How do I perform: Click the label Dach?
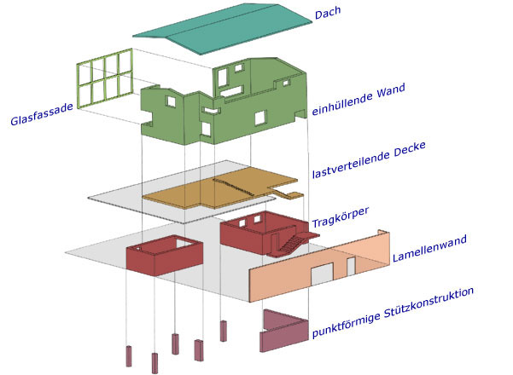328,13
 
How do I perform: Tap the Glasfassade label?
42,114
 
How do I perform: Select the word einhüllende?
342,104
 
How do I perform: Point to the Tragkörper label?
341,217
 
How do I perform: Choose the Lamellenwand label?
429,249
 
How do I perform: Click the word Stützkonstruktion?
428,303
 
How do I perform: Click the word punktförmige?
347,326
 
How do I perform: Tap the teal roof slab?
223,29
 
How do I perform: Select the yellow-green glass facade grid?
105,78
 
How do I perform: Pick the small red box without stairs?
165,256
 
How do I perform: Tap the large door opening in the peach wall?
322,274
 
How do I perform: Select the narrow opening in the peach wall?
351,266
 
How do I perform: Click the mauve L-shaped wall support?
284,331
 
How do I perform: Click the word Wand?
391,91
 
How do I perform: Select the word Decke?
409,149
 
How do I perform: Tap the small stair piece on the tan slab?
288,194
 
